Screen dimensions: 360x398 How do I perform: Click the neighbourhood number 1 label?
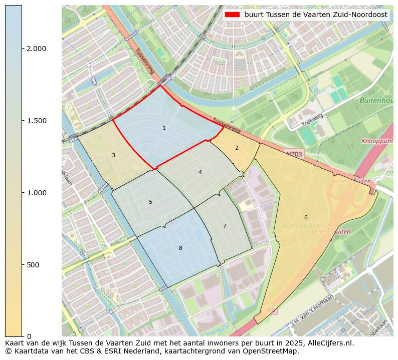pos(164,128)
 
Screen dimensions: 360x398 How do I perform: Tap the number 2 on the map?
pos(237,148)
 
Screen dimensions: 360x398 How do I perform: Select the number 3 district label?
pos(113,155)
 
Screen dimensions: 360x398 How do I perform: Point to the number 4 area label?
pos(200,172)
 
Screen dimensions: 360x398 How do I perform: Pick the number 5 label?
pos(150,202)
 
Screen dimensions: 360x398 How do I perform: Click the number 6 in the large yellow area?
pos(306,217)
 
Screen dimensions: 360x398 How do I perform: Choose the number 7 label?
pos(225,226)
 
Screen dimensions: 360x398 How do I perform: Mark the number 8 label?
pos(180,248)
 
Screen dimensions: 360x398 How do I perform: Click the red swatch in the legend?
pos(233,15)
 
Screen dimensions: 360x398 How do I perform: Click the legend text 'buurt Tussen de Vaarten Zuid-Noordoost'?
pos(316,15)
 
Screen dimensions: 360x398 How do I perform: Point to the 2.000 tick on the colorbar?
pos(36,49)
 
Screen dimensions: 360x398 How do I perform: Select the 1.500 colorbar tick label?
pos(36,121)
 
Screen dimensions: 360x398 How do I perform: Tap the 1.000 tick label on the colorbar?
pos(36,193)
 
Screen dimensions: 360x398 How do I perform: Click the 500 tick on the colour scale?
pos(33,264)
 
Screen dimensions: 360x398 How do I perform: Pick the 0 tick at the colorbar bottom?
pos(29,336)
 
